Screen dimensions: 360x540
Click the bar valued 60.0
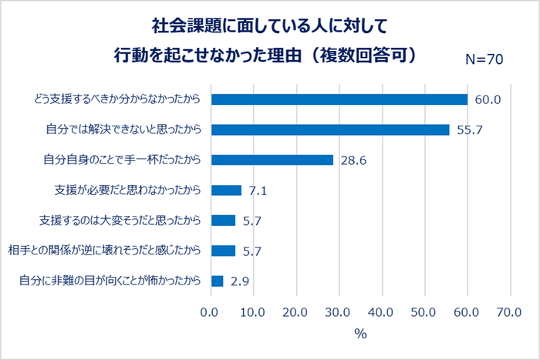pyautogui.click(x=339, y=99)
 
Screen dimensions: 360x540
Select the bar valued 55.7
pyautogui.click(x=330, y=130)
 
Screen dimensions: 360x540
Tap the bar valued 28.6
pyautogui.click(x=272, y=160)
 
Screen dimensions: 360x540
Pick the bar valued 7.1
pyautogui.click(x=226, y=190)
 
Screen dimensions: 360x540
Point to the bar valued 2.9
pyautogui.click(x=217, y=281)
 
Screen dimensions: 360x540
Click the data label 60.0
pyautogui.click(x=488, y=99)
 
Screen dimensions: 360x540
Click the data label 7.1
pyautogui.click(x=258, y=190)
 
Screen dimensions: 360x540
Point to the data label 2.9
pyautogui.click(x=239, y=281)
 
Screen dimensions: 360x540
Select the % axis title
pyautogui.click(x=359, y=334)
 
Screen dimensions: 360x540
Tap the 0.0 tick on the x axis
pyautogui.click(x=211, y=312)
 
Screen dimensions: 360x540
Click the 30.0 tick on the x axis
pyautogui.click(x=339, y=312)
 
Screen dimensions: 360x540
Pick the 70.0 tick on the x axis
pyautogui.click(x=510, y=312)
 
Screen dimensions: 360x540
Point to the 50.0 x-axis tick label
pyautogui.click(x=424, y=312)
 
